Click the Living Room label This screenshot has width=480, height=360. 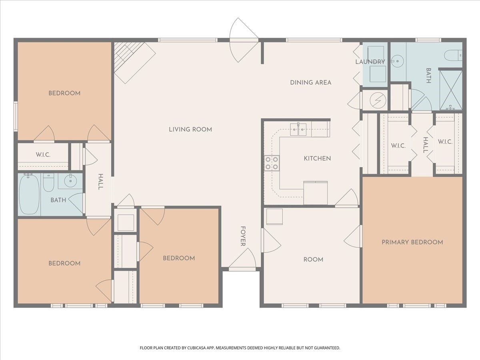pos(190,129)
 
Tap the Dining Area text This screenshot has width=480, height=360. pos(310,82)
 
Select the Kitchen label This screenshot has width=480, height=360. pos(317,158)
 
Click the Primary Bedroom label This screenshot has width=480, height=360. pos(412,242)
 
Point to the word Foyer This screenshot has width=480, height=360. pos(243,236)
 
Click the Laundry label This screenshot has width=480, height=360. pos(370,62)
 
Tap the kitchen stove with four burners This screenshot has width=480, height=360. pos(272,163)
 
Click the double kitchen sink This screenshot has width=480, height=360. pos(298,129)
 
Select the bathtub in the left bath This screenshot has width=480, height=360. pos(29,194)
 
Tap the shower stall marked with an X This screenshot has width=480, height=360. pos(451,90)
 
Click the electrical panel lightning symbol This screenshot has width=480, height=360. pos(378,100)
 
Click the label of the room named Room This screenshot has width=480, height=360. pos(313,260)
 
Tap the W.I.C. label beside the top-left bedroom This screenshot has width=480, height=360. pos(43,155)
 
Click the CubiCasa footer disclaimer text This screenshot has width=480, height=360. pos(240,348)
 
